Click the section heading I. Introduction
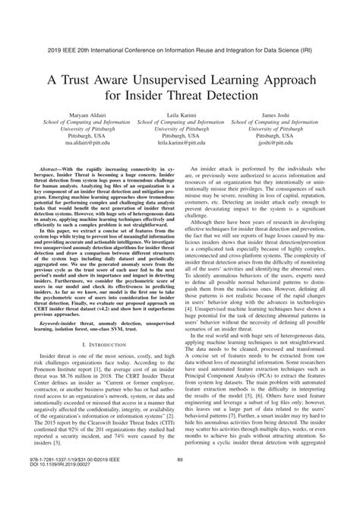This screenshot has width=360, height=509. (91, 366)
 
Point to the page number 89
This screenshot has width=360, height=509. (180, 479)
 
